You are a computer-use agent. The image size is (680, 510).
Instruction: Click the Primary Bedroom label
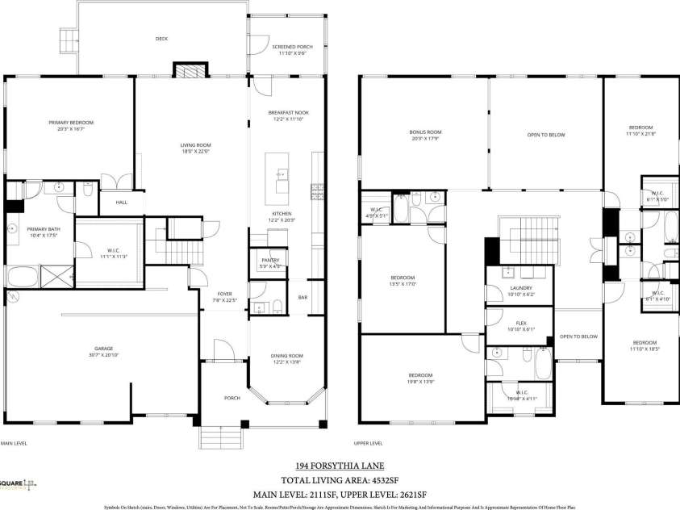click(x=70, y=123)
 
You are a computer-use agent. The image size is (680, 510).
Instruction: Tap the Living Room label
click(x=194, y=145)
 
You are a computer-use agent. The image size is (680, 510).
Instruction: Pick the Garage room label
click(x=102, y=349)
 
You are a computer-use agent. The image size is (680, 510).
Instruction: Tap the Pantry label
click(x=269, y=260)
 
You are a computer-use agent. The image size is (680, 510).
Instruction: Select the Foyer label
click(x=223, y=293)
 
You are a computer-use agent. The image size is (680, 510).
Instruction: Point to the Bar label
click(x=302, y=297)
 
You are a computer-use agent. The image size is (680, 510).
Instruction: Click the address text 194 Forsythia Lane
click(x=339, y=466)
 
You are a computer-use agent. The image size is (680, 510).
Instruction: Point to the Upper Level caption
click(x=368, y=443)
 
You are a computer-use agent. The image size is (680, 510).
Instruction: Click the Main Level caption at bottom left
click(x=14, y=443)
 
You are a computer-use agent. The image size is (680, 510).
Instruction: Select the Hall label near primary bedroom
click(x=121, y=203)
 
